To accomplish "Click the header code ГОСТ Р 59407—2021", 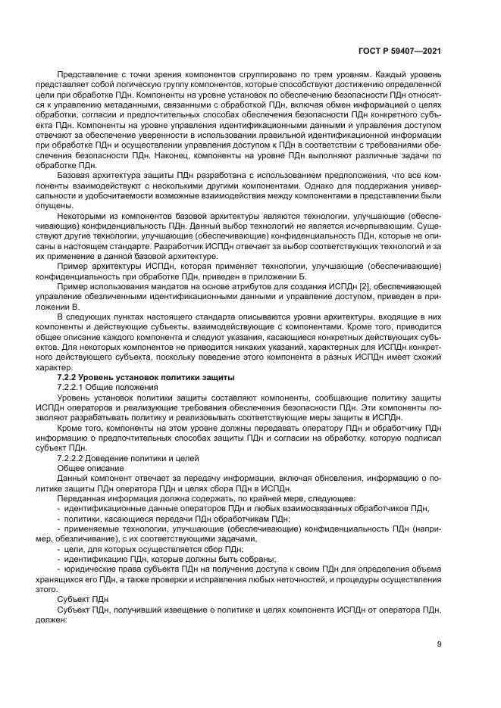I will pyautogui.click(x=399, y=49).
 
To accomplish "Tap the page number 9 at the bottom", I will pyautogui.click(x=440, y=644).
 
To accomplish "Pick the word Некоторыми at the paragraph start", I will pyautogui.click(x=85, y=214).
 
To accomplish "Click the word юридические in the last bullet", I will pyautogui.click(x=88, y=569).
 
